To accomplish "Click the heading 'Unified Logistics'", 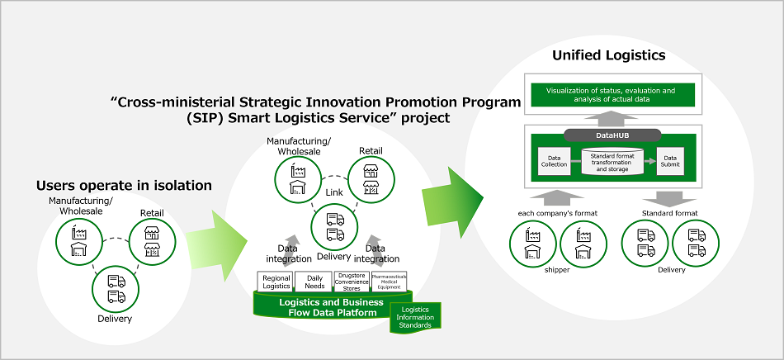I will (608, 56).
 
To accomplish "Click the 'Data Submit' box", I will (670, 159).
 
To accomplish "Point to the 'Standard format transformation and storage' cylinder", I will (612, 161).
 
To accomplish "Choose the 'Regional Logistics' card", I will (276, 282).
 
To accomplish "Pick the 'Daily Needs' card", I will (314, 282).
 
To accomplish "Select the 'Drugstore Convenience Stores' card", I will (352, 282).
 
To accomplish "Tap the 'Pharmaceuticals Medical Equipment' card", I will (390, 282).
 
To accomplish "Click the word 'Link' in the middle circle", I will (334, 192).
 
